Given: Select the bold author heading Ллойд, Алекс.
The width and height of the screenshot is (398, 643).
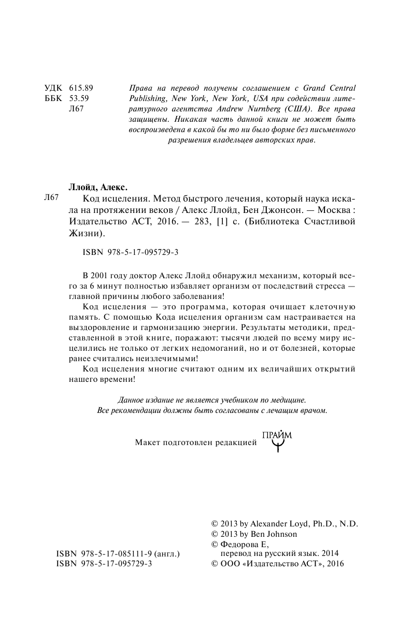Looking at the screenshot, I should pyautogui.click(x=98, y=187).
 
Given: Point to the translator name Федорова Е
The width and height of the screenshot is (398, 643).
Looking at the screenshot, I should pyautogui.click(x=237, y=545).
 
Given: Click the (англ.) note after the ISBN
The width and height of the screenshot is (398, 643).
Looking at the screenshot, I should pyautogui.click(x=166, y=554).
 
